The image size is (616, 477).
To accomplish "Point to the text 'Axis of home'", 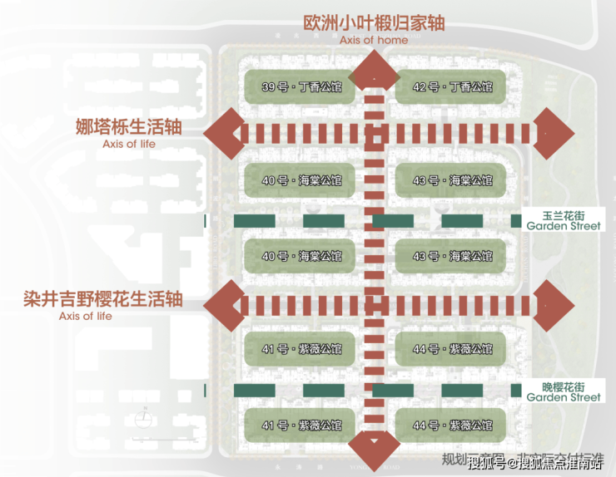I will point(374,40).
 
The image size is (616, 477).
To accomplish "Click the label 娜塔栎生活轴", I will point(128,128).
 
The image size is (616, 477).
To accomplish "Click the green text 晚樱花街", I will point(563,386).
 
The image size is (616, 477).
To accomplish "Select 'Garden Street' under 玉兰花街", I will point(564,226).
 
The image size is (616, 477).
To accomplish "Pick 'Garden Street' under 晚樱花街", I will point(564,398).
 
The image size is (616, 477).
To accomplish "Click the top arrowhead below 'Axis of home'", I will point(375,66).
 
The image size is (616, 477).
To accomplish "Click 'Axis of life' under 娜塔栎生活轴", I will point(129,145).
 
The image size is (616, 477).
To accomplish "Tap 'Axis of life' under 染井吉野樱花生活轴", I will point(85,316).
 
